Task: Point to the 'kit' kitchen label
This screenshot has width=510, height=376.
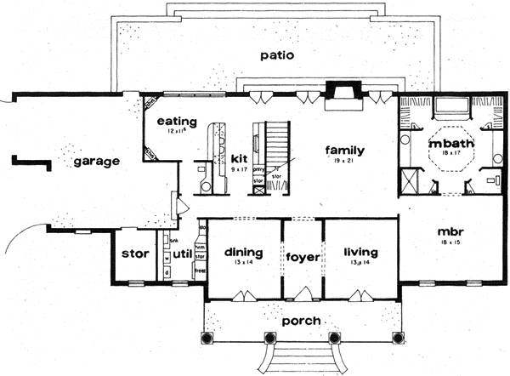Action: pos(238,157)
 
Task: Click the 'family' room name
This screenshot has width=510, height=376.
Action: pos(345,150)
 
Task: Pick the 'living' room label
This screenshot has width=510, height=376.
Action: pos(360,252)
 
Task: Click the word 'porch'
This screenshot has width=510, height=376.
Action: pos(301,321)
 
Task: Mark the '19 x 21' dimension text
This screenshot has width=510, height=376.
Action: pos(345,162)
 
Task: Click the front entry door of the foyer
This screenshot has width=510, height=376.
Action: pos(302,295)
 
